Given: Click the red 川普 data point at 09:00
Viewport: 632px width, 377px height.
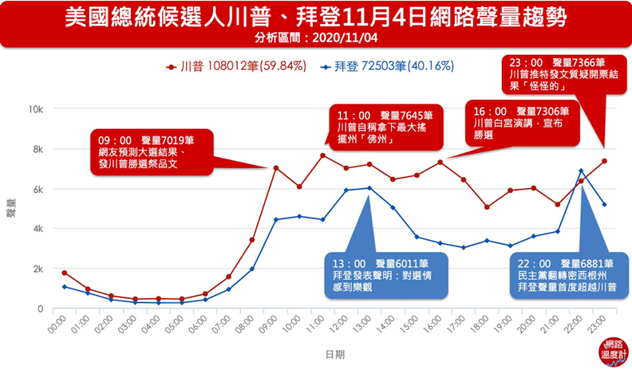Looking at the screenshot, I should click(276, 168).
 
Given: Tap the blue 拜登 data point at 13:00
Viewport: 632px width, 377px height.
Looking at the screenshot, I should click(369, 188).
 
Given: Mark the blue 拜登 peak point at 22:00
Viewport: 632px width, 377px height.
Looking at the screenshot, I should click(581, 171).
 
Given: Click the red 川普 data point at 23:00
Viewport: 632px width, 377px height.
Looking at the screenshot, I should click(604, 161).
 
